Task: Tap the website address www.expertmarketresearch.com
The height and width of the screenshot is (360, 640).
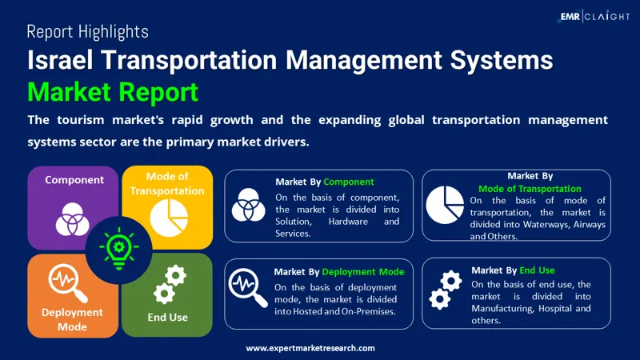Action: pyautogui.click(x=310, y=348)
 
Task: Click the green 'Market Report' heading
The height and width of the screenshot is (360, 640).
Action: pyautogui.click(x=112, y=92)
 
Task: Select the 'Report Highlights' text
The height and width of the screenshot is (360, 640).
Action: pyautogui.click(x=87, y=32)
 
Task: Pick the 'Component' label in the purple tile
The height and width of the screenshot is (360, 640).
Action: pyautogui.click(x=74, y=180)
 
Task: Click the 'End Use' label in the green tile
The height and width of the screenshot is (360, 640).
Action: pyautogui.click(x=168, y=318)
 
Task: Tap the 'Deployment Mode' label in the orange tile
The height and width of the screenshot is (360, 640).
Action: pyautogui.click(x=72, y=319)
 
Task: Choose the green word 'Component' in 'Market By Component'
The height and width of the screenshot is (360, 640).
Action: pyautogui.click(x=349, y=182)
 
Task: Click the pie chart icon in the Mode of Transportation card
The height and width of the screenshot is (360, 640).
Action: pyautogui.click(x=446, y=205)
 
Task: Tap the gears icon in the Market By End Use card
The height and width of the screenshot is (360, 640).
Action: pyautogui.click(x=446, y=290)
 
